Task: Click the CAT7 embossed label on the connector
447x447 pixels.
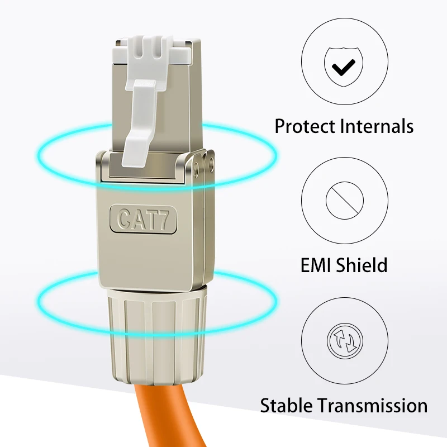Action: click(x=143, y=219)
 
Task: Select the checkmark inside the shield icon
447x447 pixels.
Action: click(x=344, y=67)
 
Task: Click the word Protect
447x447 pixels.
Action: click(x=305, y=126)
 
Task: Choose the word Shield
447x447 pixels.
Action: click(x=362, y=265)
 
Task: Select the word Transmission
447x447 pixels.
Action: click(x=373, y=406)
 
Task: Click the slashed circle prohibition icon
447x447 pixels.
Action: click(x=345, y=201)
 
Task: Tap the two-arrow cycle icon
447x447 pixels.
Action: click(x=345, y=341)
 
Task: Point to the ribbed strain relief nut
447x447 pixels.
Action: click(x=158, y=336)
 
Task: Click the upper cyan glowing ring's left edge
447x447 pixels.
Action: click(x=37, y=155)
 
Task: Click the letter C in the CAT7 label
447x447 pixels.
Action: click(x=123, y=219)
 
